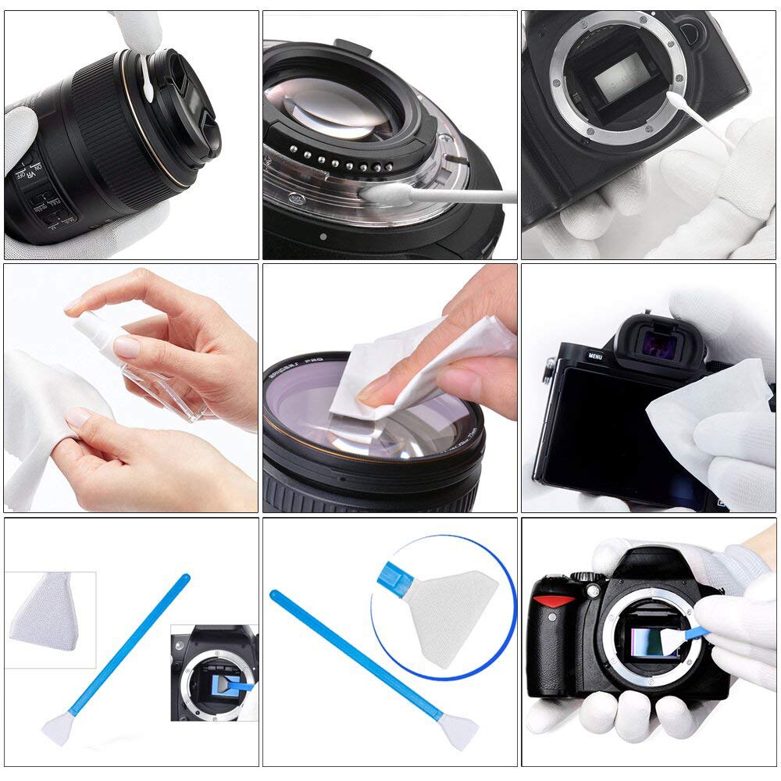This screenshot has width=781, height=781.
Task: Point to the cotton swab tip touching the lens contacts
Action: [382, 192]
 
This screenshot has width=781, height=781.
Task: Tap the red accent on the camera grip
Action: [553, 601]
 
